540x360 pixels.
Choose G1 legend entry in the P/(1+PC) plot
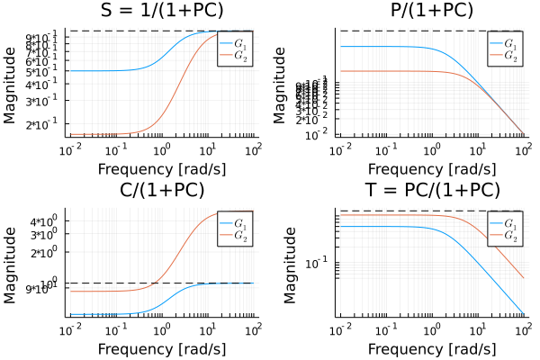click(x=505, y=43)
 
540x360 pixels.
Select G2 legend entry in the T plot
click(x=505, y=236)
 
